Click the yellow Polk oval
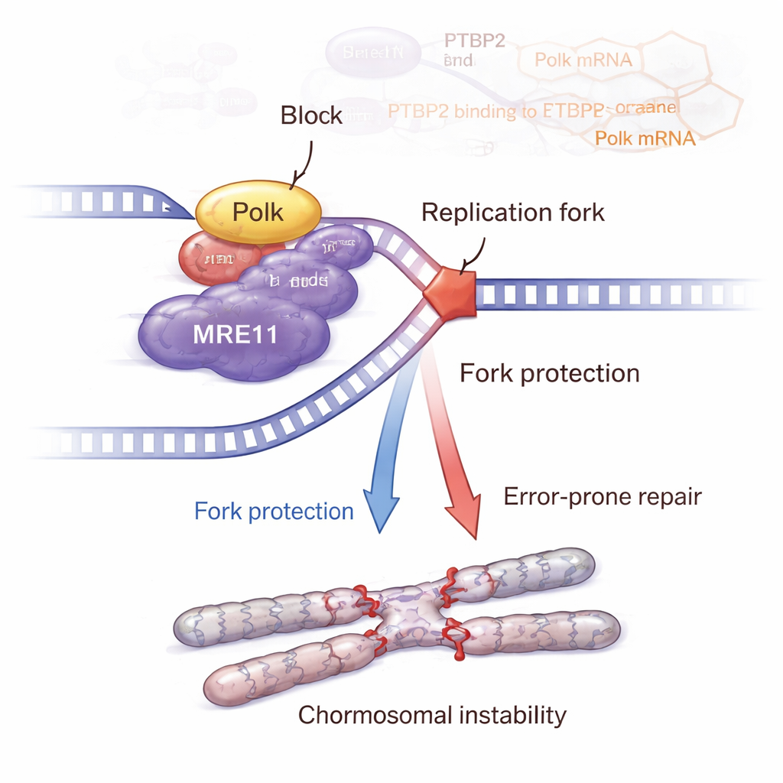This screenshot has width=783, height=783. pyautogui.click(x=258, y=212)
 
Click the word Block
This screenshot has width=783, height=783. pyautogui.click(x=311, y=115)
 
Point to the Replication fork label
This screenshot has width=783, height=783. pyautogui.click(x=513, y=212)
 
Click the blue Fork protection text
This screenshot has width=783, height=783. pyautogui.click(x=274, y=511)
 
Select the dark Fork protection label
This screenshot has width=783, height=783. pyautogui.click(x=549, y=373)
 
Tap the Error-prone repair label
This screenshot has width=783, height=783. pyautogui.click(x=603, y=497)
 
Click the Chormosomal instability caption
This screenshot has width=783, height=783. pyautogui.click(x=432, y=715)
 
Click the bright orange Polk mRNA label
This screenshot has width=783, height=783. pyautogui.click(x=645, y=138)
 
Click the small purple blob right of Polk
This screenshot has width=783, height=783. pyautogui.click(x=336, y=246)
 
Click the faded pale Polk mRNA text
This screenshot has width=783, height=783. pyautogui.click(x=583, y=60)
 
